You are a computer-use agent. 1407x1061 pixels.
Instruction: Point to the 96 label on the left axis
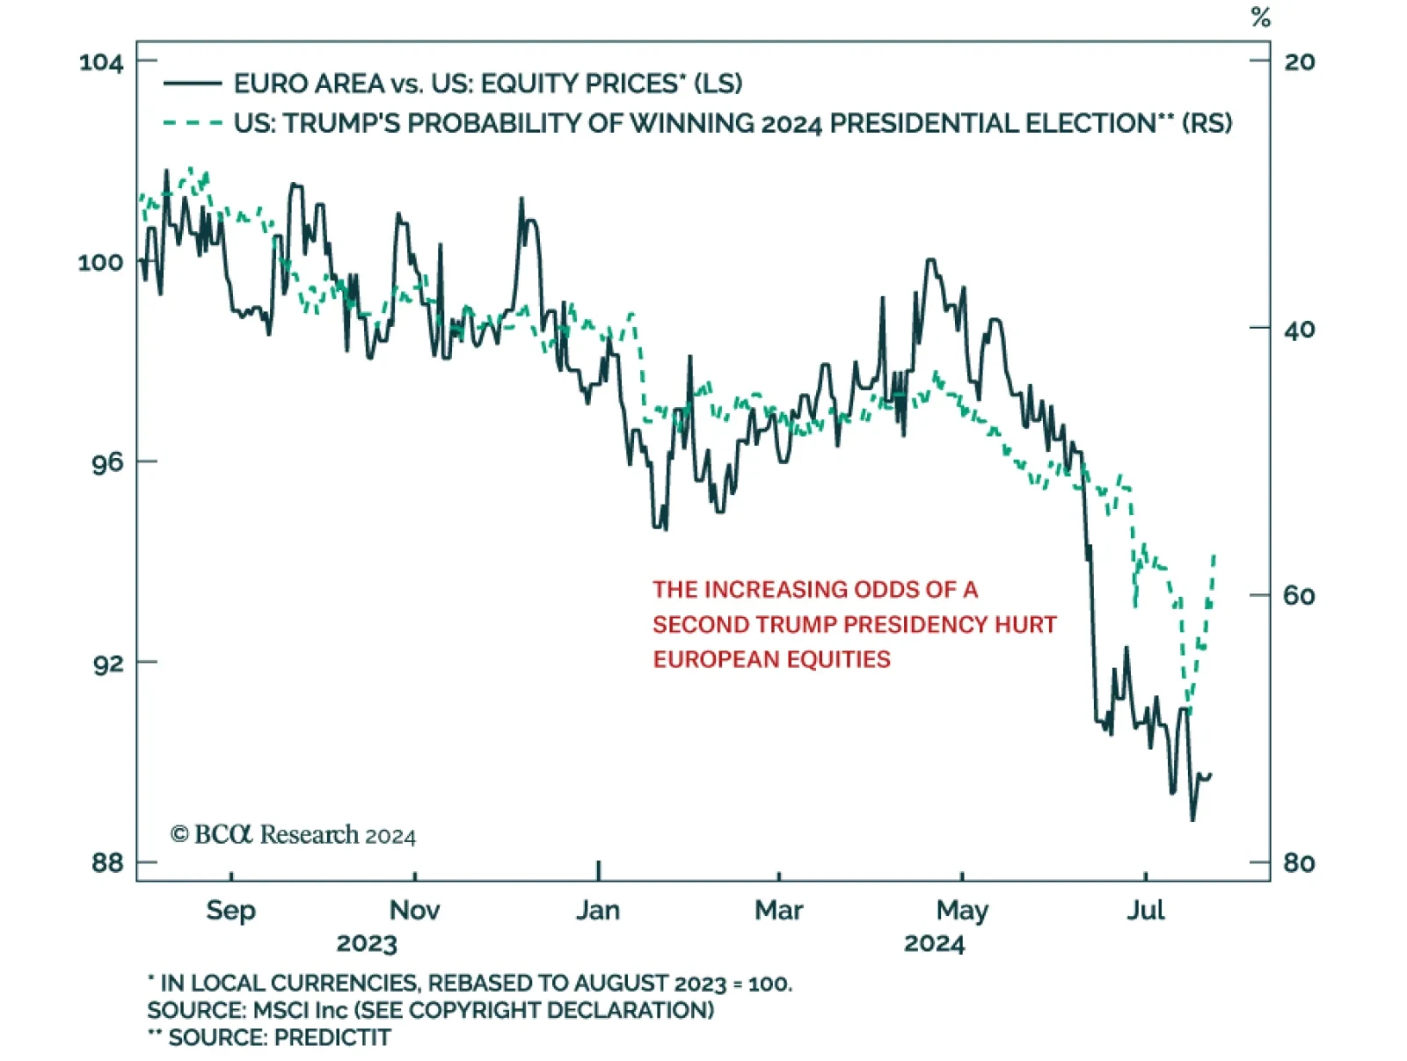pos(107,462)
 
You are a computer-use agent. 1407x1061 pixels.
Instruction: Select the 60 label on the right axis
pos(1299,596)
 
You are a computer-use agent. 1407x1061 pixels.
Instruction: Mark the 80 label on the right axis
pos(1299,862)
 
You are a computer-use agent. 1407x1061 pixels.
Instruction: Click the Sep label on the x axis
pos(230,910)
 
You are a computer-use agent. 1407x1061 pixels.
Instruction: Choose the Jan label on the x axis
pos(598,910)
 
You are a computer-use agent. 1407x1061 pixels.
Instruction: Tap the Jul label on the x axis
pos(1145,910)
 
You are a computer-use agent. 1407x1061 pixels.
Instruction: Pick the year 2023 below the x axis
pos(367,944)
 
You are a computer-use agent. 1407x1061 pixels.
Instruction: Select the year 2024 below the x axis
pos(934,944)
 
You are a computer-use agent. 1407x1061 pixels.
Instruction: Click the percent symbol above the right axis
pos(1261,18)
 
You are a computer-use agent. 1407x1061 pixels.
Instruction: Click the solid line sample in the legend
pos(193,84)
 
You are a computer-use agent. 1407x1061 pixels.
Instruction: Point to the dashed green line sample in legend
pos(193,123)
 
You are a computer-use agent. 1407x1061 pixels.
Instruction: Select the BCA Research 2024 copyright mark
pos(293,834)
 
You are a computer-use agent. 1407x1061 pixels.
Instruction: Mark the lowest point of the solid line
pos(1192,820)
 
